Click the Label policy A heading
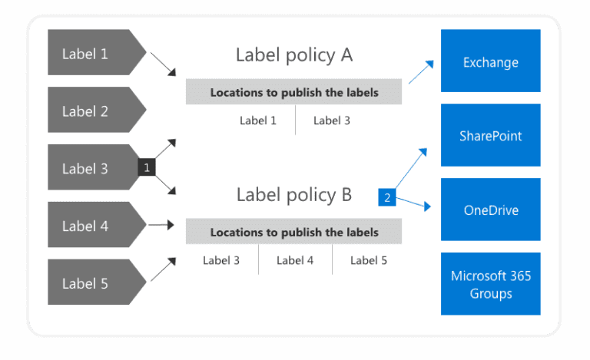[293, 55]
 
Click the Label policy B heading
[293, 195]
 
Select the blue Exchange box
[490, 61]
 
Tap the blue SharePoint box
[490, 136]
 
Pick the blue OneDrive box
[490, 210]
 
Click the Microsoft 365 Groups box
[490, 284]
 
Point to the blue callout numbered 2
[387, 197]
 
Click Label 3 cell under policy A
[331, 120]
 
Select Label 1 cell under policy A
[257, 120]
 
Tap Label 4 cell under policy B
[295, 260]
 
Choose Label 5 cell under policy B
[368, 260]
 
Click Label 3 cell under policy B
[221, 260]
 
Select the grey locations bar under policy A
[293, 93]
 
